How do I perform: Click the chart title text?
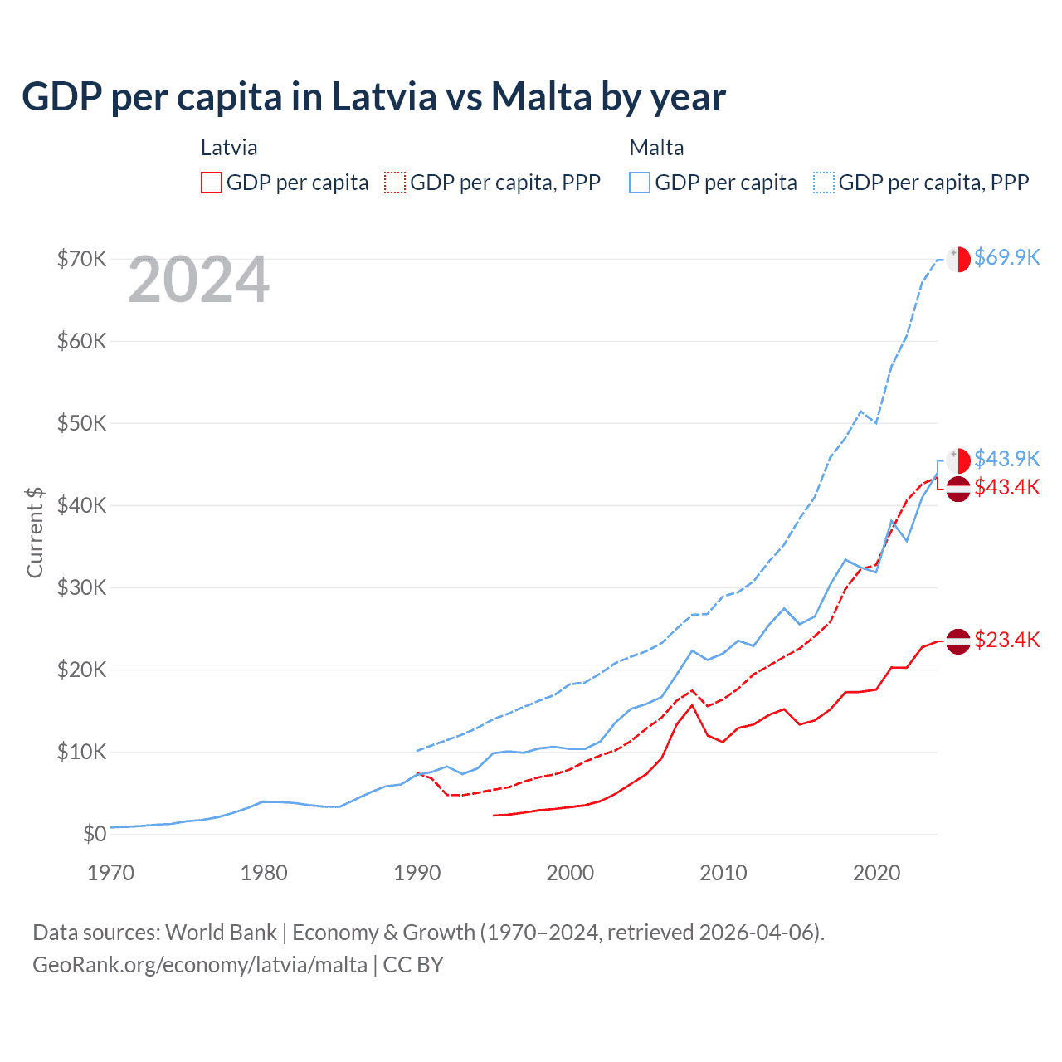pyautogui.click(x=373, y=97)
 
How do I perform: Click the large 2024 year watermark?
pyautogui.click(x=198, y=280)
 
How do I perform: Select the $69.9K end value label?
pyautogui.click(x=1006, y=257)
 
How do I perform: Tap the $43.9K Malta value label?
pyautogui.click(x=1006, y=459)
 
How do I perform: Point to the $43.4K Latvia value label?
pyautogui.click(x=1006, y=487)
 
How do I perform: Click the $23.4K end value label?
pyautogui.click(x=1006, y=640)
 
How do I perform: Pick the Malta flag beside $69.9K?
pyautogui.click(x=958, y=259)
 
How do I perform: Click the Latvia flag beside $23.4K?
pyautogui.click(x=958, y=641)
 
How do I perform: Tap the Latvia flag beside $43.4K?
pyautogui.click(x=958, y=489)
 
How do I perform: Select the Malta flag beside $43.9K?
pyautogui.click(x=958, y=460)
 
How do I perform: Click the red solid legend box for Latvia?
pyautogui.click(x=212, y=183)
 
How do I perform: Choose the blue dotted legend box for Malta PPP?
pyautogui.click(x=824, y=183)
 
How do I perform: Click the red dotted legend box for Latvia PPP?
pyautogui.click(x=395, y=183)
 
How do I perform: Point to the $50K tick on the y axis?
pyautogui.click(x=82, y=423)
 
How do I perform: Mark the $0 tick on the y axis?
pyautogui.click(x=95, y=834)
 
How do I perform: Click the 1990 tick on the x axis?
pyautogui.click(x=417, y=873)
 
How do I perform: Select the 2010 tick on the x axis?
pyautogui.click(x=723, y=873)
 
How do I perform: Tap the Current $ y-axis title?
pyautogui.click(x=35, y=532)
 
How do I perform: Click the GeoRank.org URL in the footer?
pyautogui.click(x=200, y=965)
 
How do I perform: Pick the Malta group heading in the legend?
pyautogui.click(x=656, y=148)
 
